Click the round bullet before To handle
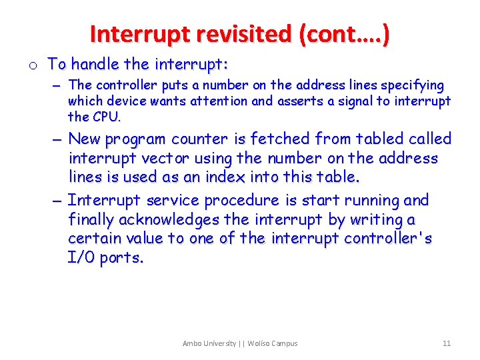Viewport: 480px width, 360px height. (32, 65)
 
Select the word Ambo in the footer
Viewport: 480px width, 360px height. (193, 343)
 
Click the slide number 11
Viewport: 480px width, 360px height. (447, 343)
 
